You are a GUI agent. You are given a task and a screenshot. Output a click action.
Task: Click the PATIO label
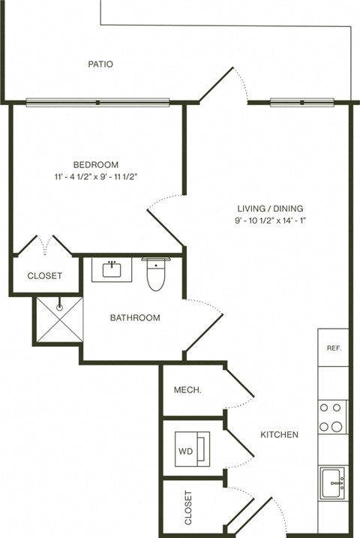pos(100,65)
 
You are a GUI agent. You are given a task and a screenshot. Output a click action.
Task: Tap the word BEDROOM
pos(95,165)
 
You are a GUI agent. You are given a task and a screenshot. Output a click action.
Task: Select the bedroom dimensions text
pos(95,177)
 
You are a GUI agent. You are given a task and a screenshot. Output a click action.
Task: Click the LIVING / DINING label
pos(270,209)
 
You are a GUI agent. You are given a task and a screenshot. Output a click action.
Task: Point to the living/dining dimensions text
pos(270,221)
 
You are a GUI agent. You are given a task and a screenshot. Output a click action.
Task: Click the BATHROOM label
pos(135,317)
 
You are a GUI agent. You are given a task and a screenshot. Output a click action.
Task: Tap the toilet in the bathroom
pos(155,274)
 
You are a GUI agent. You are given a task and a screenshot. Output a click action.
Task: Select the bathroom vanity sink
pos(112,269)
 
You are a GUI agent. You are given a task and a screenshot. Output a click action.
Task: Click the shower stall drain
pos(58,306)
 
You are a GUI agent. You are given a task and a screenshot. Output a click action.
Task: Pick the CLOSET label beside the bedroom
pos(45,276)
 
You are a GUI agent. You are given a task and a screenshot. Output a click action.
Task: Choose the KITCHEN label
pos(279,434)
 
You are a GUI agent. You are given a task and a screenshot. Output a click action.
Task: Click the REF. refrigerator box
pos(333,349)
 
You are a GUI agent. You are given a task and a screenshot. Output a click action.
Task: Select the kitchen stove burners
pos(331,416)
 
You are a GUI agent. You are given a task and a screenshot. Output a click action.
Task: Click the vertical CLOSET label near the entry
pos(187,508)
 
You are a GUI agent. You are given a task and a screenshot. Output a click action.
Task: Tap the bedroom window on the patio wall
pos(98,102)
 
